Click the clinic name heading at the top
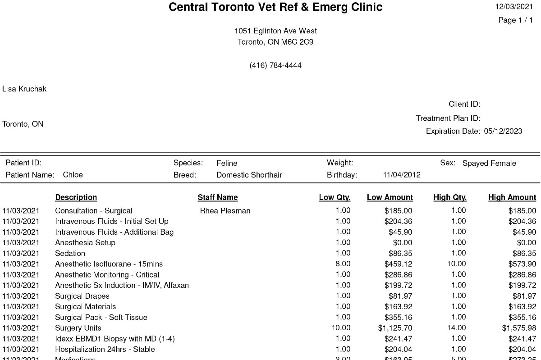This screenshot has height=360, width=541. coord(275,7)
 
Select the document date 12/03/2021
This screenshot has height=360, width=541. coord(514,7)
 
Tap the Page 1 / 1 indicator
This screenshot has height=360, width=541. coord(515,20)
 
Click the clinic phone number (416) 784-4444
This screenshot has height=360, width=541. coord(275,65)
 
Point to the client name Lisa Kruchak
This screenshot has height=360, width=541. coord(24,89)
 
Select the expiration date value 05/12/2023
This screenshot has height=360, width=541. coord(503,132)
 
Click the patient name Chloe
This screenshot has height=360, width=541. coord(73,175)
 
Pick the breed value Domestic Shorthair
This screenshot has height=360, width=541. coord(249,175)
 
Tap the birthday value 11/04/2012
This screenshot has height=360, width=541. coord(401,175)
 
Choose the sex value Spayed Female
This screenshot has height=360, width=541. coord(489,163)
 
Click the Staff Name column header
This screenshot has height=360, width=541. coord(217,197)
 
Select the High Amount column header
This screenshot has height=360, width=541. coord(512,197)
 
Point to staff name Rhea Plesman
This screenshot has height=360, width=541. coord(225,211)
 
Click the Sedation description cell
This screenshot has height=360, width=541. coord(70,253)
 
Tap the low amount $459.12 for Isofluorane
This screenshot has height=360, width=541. coord(398,264)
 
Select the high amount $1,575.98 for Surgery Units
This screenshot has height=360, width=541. coord(519,328)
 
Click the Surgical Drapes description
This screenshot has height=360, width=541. coord(82,296)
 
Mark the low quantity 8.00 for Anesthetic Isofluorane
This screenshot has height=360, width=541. coord(343,264)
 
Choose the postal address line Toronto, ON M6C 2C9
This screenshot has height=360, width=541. coord(275,42)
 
